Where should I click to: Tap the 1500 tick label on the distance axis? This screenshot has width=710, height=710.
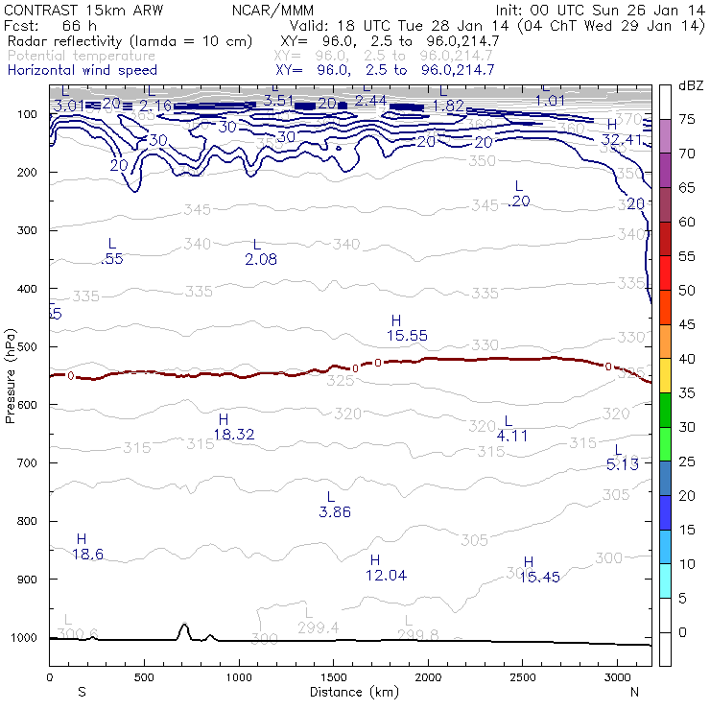(x=333, y=677)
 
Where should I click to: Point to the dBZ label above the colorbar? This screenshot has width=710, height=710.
(x=691, y=85)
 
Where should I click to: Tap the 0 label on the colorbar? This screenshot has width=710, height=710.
(x=683, y=632)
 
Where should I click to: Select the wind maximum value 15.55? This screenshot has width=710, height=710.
(x=407, y=335)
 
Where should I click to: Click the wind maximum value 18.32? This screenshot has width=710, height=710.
(x=233, y=435)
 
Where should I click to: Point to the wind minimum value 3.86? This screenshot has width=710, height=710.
(x=335, y=512)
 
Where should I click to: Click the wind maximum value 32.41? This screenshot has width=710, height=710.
(x=621, y=140)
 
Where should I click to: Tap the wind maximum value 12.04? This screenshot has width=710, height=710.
(x=386, y=575)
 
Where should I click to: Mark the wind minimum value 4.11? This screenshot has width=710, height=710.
(x=512, y=436)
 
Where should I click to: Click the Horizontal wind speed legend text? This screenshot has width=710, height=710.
(x=82, y=70)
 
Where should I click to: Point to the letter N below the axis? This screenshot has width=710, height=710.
(x=634, y=692)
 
